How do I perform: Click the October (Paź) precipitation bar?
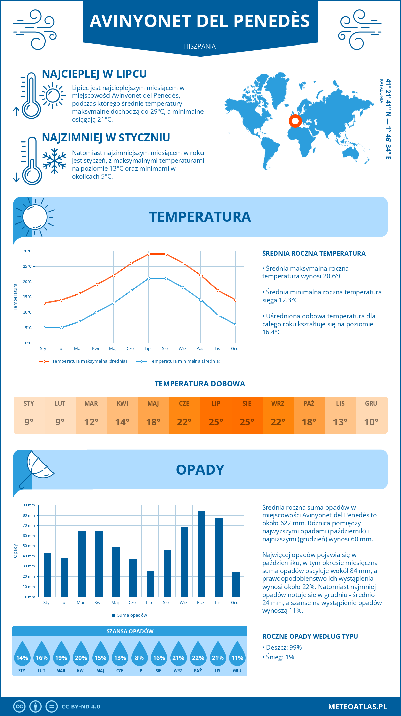click(x=201, y=554)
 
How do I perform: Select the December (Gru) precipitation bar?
click(x=236, y=584)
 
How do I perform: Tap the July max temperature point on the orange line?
click(x=149, y=254)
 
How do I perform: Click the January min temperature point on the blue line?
click(x=44, y=328)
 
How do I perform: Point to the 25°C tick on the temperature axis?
click(x=27, y=266)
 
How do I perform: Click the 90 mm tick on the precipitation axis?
click(x=29, y=505)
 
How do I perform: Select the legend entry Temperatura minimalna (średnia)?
click(x=178, y=361)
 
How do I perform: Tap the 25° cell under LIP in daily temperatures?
click(x=216, y=422)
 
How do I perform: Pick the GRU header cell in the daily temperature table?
click(x=371, y=404)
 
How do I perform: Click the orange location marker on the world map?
click(x=295, y=121)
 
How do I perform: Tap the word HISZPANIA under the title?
click(x=200, y=46)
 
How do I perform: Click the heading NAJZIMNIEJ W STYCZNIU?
click(x=106, y=138)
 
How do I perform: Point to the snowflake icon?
click(x=54, y=161)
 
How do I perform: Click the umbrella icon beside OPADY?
click(x=37, y=468)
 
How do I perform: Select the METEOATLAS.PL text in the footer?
click(x=357, y=707)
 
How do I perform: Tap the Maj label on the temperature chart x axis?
click(x=113, y=348)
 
